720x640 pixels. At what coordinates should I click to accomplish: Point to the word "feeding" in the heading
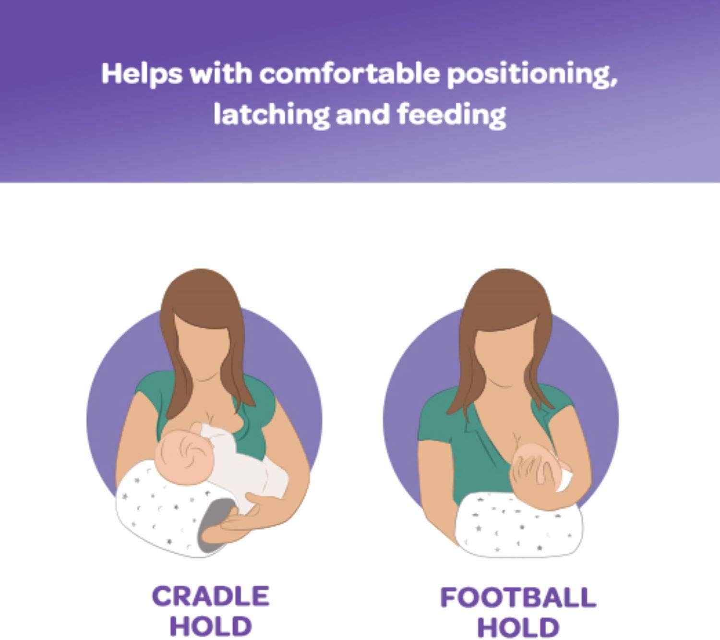tap(451, 115)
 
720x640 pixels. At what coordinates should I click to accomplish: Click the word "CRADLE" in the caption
tap(210, 596)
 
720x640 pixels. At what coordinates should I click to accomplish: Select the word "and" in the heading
tap(362, 115)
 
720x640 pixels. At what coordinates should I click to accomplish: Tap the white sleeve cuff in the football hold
tap(565, 480)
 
